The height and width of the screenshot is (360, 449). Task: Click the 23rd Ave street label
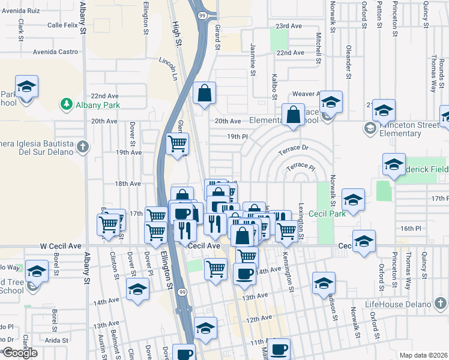[x=289, y=26]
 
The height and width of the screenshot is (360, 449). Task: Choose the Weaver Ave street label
[x=306, y=94]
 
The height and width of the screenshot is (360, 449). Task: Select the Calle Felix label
[x=63, y=25]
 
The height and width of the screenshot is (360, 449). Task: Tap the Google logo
[x=20, y=353]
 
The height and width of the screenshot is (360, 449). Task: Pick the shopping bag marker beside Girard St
[x=205, y=93]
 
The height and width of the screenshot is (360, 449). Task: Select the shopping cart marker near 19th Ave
[x=177, y=144]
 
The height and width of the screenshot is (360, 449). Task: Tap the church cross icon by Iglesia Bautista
[x=83, y=146]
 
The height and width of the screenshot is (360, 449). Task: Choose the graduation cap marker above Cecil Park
[x=354, y=199]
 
